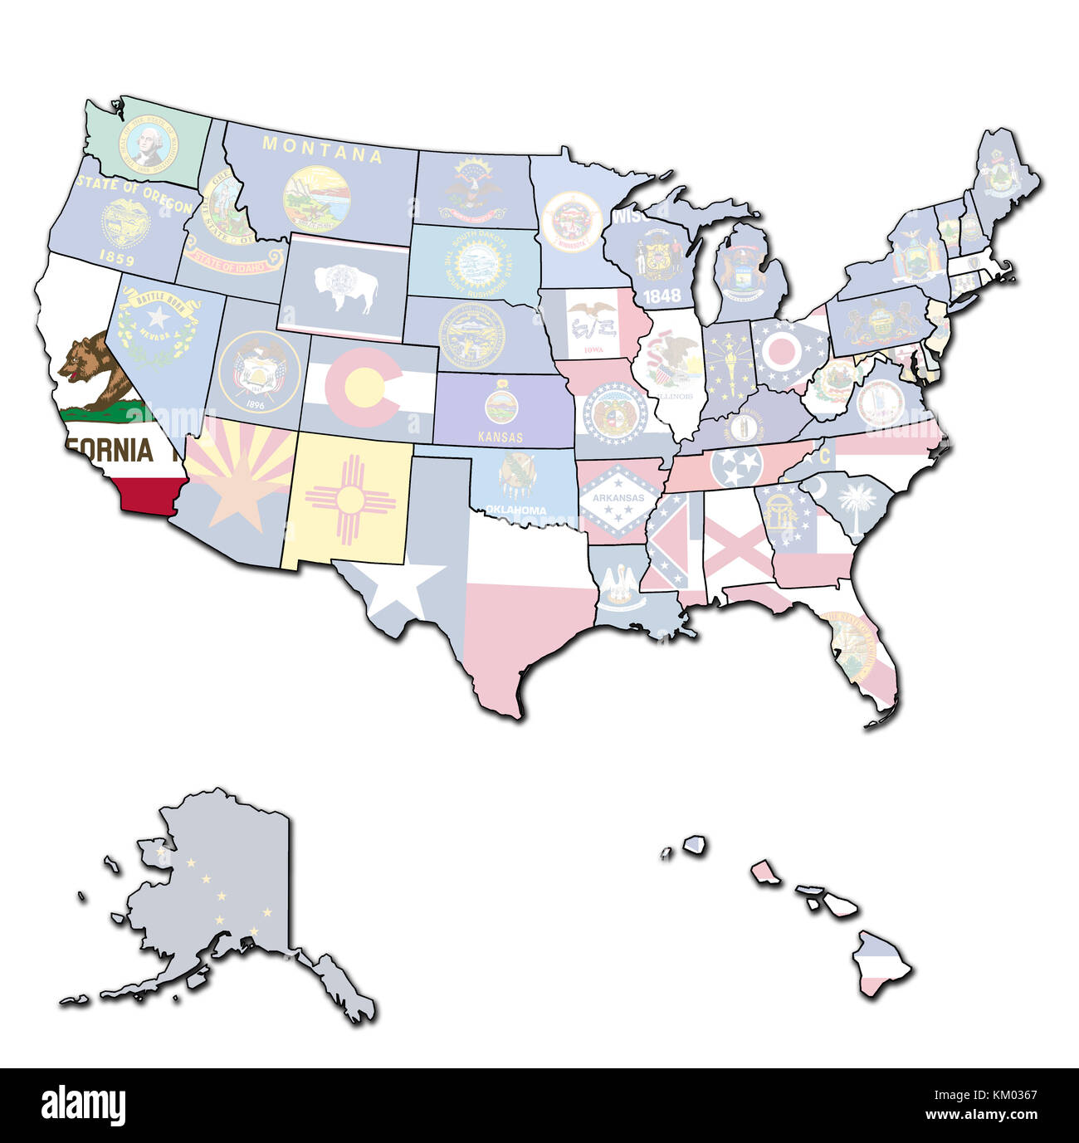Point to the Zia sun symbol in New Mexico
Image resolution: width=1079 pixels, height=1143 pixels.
pyautogui.click(x=349, y=502)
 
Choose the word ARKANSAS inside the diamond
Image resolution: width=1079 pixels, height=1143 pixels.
pyautogui.click(x=612, y=498)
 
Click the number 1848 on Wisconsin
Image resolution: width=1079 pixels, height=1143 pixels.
pyautogui.click(x=662, y=295)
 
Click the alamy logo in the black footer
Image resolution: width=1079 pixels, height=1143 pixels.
pyautogui.click(x=83, y=1105)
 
